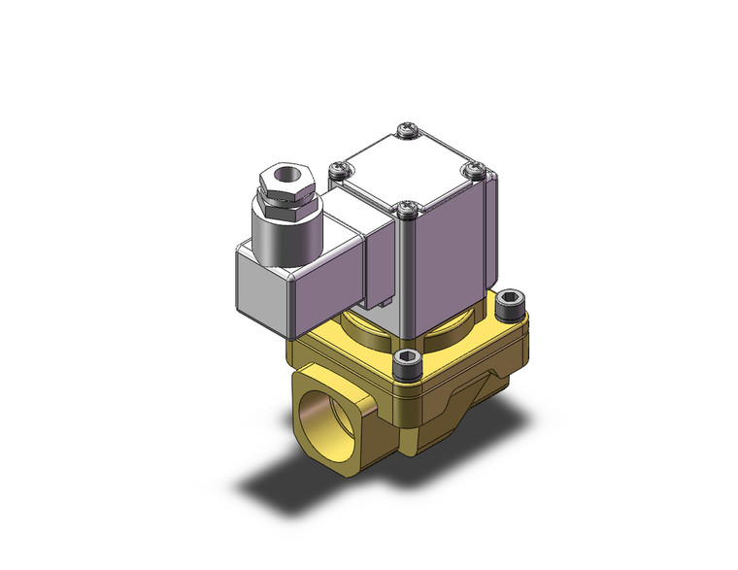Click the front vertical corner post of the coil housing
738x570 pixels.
pyautogui.click(x=408, y=277)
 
